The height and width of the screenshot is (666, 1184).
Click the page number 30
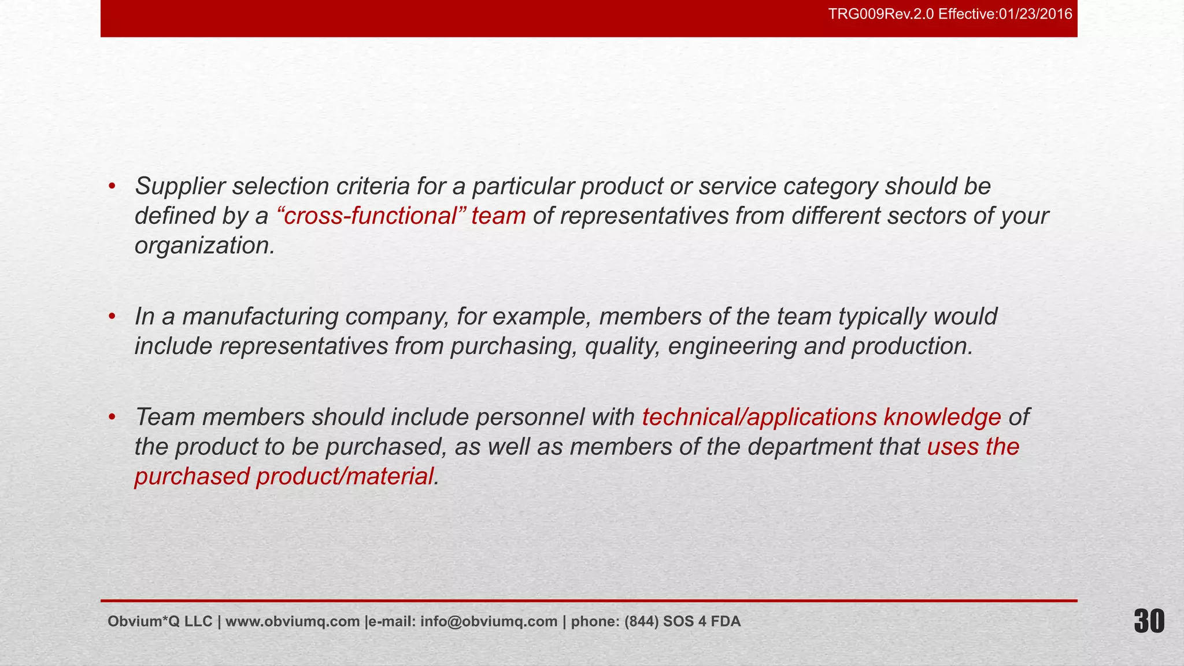[x=1149, y=622]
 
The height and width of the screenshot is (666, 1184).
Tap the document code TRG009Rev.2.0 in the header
[x=881, y=14]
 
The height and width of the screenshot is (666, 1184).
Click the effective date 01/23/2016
[x=1035, y=14]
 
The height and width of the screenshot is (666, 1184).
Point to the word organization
[x=203, y=246]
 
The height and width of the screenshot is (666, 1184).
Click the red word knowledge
[x=942, y=417]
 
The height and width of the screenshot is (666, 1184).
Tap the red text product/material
[x=345, y=476]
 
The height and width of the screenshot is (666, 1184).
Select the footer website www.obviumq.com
[x=293, y=621]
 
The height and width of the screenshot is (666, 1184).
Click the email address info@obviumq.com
[x=489, y=621]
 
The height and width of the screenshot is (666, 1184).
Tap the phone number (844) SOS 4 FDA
[x=682, y=621]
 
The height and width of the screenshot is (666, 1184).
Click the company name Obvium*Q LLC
[x=160, y=621]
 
